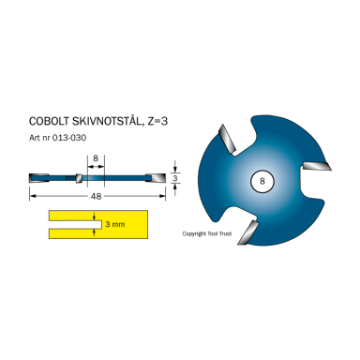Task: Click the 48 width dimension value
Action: click(x=97, y=197)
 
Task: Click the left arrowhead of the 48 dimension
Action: click(x=33, y=197)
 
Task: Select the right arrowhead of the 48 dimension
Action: click(x=164, y=197)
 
